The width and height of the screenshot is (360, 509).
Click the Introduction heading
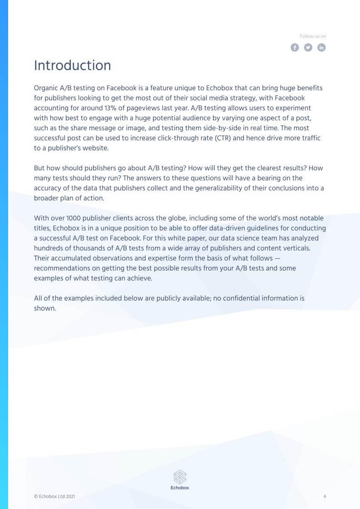pyautogui.click(x=73, y=65)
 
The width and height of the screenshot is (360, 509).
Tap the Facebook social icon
pyautogui.click(x=295, y=47)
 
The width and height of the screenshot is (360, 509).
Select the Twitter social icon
pyautogui.click(x=308, y=47)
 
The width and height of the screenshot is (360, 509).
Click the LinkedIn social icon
pyautogui.click(x=321, y=47)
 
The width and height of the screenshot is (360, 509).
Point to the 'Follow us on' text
pyautogui.click(x=313, y=36)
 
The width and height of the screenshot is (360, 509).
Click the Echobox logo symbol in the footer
pyautogui.click(x=180, y=477)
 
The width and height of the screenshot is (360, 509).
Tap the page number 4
pyautogui.click(x=325, y=496)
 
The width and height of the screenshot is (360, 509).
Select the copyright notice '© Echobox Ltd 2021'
pyautogui.click(x=54, y=496)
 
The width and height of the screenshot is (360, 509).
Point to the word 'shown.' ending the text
pyautogui.click(x=45, y=308)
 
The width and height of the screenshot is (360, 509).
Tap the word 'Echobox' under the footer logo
pyautogui.click(x=180, y=488)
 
